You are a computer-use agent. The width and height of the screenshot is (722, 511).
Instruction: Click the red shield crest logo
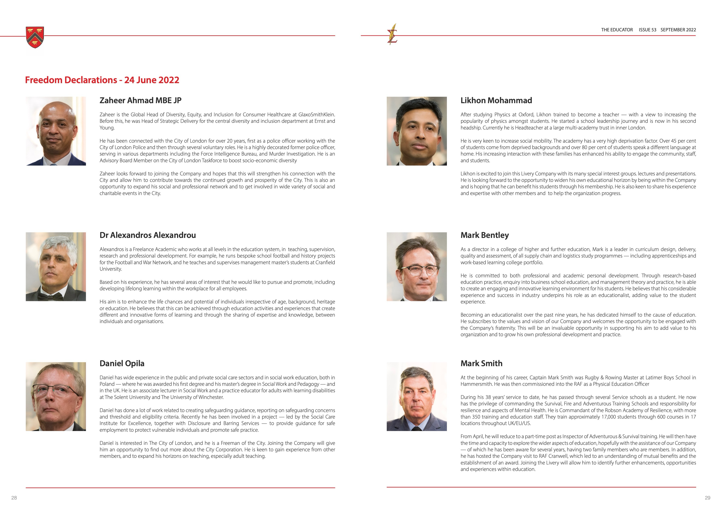pyautogui.click(x=35, y=37)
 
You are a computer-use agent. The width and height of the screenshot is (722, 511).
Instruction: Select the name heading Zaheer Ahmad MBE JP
pyautogui.click(x=140, y=100)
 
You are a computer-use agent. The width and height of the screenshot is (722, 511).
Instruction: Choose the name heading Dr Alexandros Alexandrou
pyautogui.click(x=148, y=235)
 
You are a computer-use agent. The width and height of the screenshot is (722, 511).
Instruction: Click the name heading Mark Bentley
pyautogui.click(x=484, y=235)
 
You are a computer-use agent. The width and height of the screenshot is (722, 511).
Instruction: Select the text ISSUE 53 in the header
pyautogui.click(x=647, y=30)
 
